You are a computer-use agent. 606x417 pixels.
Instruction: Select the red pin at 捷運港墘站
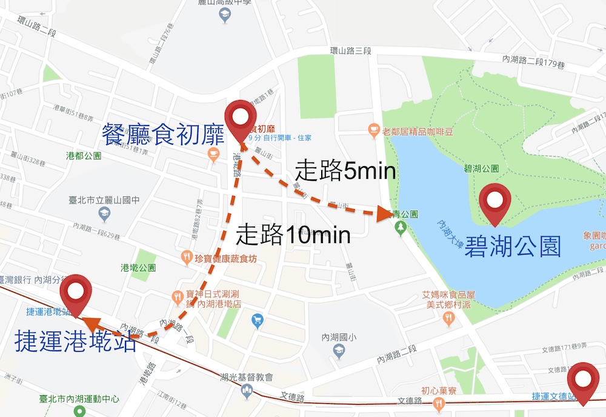tap(76, 293)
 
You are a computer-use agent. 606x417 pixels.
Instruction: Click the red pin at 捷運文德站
tap(584, 381)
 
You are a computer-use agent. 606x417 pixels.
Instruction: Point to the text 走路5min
tap(346, 171)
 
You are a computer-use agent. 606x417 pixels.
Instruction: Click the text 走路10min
tap(293, 233)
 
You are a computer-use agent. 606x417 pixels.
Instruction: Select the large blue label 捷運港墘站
tap(75, 341)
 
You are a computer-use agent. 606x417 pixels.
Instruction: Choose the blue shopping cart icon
tap(258, 319)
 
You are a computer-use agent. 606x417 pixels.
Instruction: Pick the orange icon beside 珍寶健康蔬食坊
tap(187, 259)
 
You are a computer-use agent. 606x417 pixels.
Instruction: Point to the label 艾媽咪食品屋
tap(448, 295)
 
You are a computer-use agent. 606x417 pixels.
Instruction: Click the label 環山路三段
tap(346, 50)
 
